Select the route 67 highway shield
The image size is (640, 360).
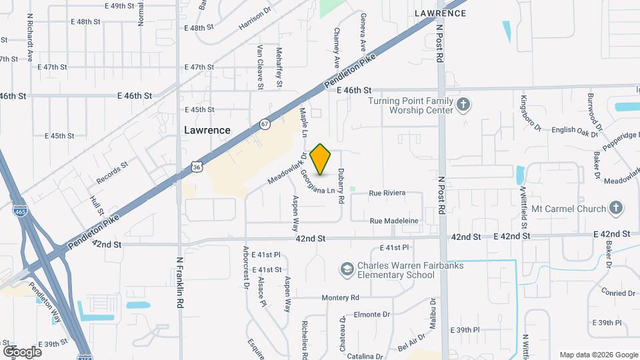265,124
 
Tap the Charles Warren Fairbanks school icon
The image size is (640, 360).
346,269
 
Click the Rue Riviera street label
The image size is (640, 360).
387,193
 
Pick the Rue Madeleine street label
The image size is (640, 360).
393,221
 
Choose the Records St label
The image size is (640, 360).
111,172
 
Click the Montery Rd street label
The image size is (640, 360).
340,297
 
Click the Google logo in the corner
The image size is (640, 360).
22,351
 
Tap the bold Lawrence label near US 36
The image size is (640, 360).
207,131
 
